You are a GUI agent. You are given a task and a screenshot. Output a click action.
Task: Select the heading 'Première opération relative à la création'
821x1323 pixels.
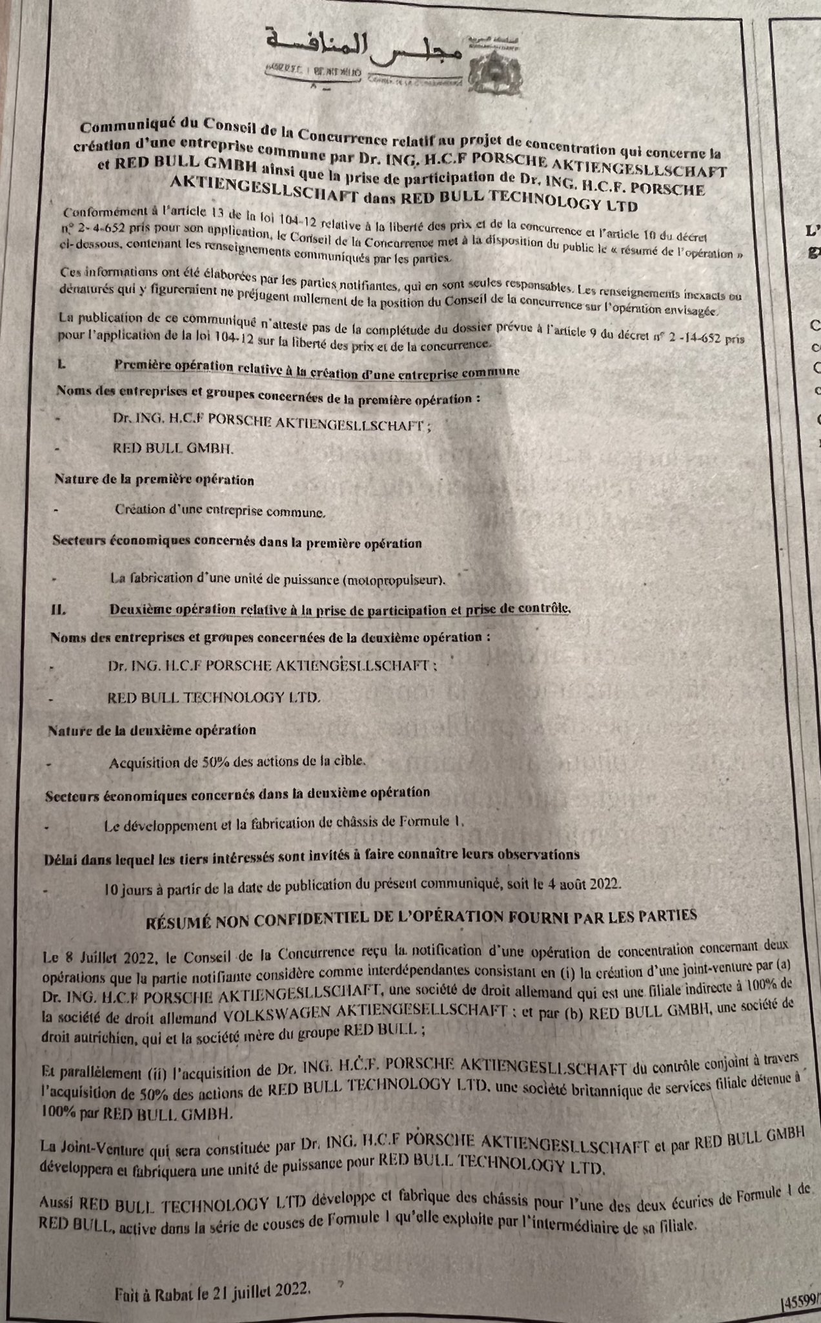tap(317, 370)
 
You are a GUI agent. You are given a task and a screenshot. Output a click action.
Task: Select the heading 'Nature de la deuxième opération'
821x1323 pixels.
tap(152, 730)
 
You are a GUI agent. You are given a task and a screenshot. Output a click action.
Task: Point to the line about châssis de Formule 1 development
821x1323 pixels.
tap(284, 822)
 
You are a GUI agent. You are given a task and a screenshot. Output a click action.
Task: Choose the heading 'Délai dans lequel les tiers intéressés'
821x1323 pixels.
tap(310, 854)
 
